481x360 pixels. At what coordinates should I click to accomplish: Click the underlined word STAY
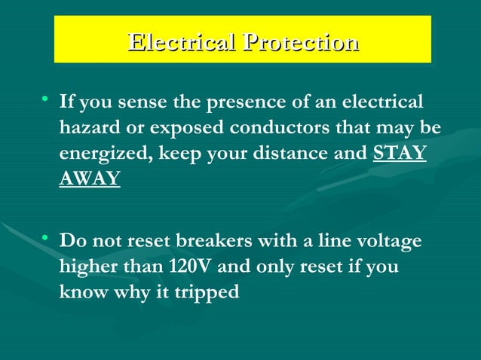(400, 154)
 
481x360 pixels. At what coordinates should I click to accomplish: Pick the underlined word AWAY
(90, 179)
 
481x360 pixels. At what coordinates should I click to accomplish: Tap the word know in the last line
(81, 292)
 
